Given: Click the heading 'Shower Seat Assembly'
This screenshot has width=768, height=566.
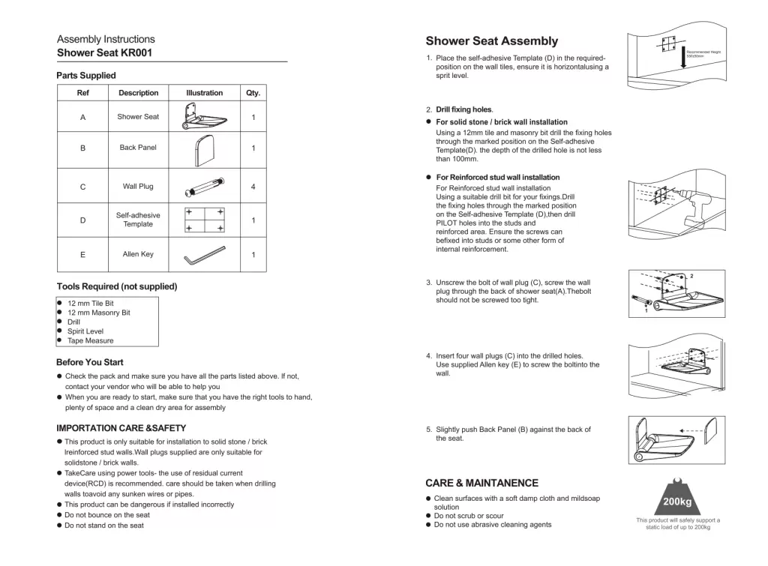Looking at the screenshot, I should (492, 41).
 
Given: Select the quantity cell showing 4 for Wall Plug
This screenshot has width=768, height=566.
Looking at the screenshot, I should (253, 187).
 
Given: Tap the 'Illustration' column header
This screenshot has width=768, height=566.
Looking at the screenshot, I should (204, 93).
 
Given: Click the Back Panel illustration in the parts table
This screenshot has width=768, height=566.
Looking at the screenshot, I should (204, 148).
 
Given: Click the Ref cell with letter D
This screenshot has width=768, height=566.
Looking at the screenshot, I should (82, 220).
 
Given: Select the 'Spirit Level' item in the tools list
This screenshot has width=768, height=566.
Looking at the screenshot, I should (85, 331).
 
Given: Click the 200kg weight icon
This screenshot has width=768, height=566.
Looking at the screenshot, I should (677, 496).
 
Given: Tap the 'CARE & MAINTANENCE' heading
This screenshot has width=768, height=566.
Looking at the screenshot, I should (481, 483).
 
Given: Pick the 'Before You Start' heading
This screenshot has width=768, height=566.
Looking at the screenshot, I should (90, 362).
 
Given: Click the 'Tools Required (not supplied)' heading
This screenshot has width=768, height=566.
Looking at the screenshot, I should (117, 286).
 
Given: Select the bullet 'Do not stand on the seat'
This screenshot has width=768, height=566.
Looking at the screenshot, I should (103, 526).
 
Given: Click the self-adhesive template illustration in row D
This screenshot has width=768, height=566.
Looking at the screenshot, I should (205, 220).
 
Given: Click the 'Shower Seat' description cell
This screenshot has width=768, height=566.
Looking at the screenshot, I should (138, 117).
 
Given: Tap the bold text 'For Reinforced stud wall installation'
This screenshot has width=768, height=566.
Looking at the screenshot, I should (498, 178).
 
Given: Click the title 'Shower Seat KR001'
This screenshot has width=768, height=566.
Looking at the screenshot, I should (105, 53).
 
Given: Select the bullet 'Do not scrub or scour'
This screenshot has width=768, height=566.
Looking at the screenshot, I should (469, 516).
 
